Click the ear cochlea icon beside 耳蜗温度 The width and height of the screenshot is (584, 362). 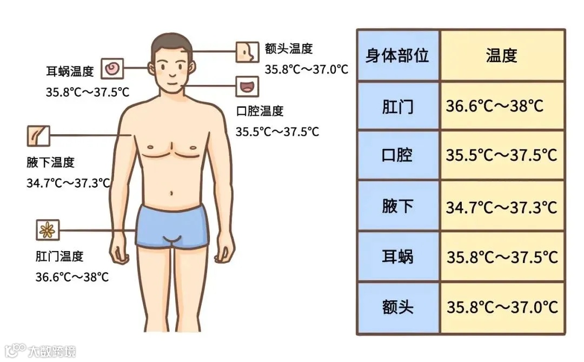pos(113,69)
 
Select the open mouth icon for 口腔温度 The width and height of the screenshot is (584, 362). pos(247,87)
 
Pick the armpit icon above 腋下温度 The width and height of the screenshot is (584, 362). pos(38,136)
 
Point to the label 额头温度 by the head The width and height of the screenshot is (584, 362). pos(289,49)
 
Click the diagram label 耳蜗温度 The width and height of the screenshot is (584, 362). pos(70,71)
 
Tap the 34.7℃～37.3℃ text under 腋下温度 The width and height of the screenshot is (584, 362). pos(68,183)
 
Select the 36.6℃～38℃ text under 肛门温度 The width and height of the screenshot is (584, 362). pos(72,277)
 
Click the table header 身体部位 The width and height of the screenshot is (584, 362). pos(397,56)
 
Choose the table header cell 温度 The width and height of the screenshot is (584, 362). pos(501,56)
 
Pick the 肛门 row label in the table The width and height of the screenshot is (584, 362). pos(397,106)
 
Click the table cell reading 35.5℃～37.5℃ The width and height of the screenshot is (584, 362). pos(501,156)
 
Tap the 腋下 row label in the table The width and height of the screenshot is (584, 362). pos(397,206)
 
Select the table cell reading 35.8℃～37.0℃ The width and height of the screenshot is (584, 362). pos(502,307)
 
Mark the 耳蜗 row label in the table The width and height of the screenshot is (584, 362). pos(397,256)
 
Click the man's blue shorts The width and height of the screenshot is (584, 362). pos(172,225)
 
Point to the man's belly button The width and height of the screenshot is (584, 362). pos(172,193)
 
